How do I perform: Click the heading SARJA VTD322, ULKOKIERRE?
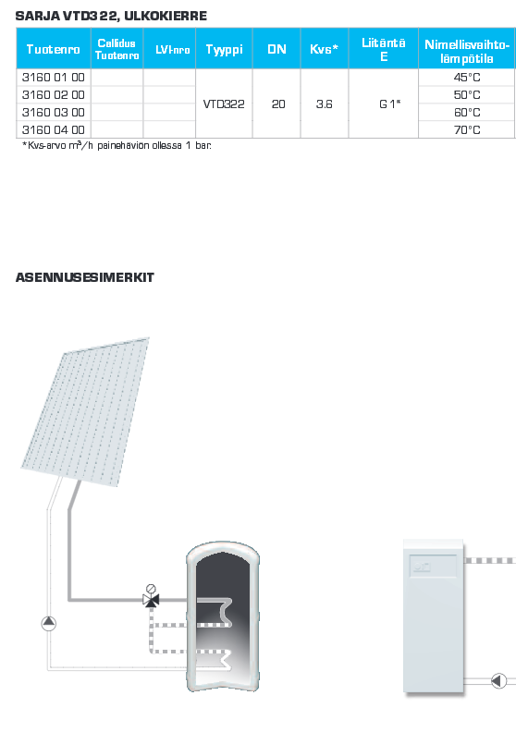pos(111,16)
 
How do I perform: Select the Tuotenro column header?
pos(54,49)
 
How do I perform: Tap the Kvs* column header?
pos(324,49)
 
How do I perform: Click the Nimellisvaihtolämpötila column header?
pos(467,52)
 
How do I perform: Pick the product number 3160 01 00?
pos(54,78)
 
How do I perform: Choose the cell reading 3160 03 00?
pos(54,113)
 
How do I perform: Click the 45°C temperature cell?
pos(467,78)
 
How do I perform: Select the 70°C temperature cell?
pos(467,129)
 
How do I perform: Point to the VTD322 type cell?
pos(224,104)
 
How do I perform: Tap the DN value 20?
pos(278,104)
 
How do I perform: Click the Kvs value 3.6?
pos(324,104)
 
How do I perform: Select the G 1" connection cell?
pos(390,104)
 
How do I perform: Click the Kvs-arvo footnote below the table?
pos(117,145)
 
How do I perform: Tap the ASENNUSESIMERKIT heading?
pos(84,277)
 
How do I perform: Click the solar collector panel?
pos(86,410)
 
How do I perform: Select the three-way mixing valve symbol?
pos(151,599)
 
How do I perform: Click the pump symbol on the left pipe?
pos(49,623)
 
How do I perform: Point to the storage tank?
pos(223,616)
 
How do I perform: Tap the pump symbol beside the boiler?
pos(498,680)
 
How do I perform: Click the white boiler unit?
pos(434,616)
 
